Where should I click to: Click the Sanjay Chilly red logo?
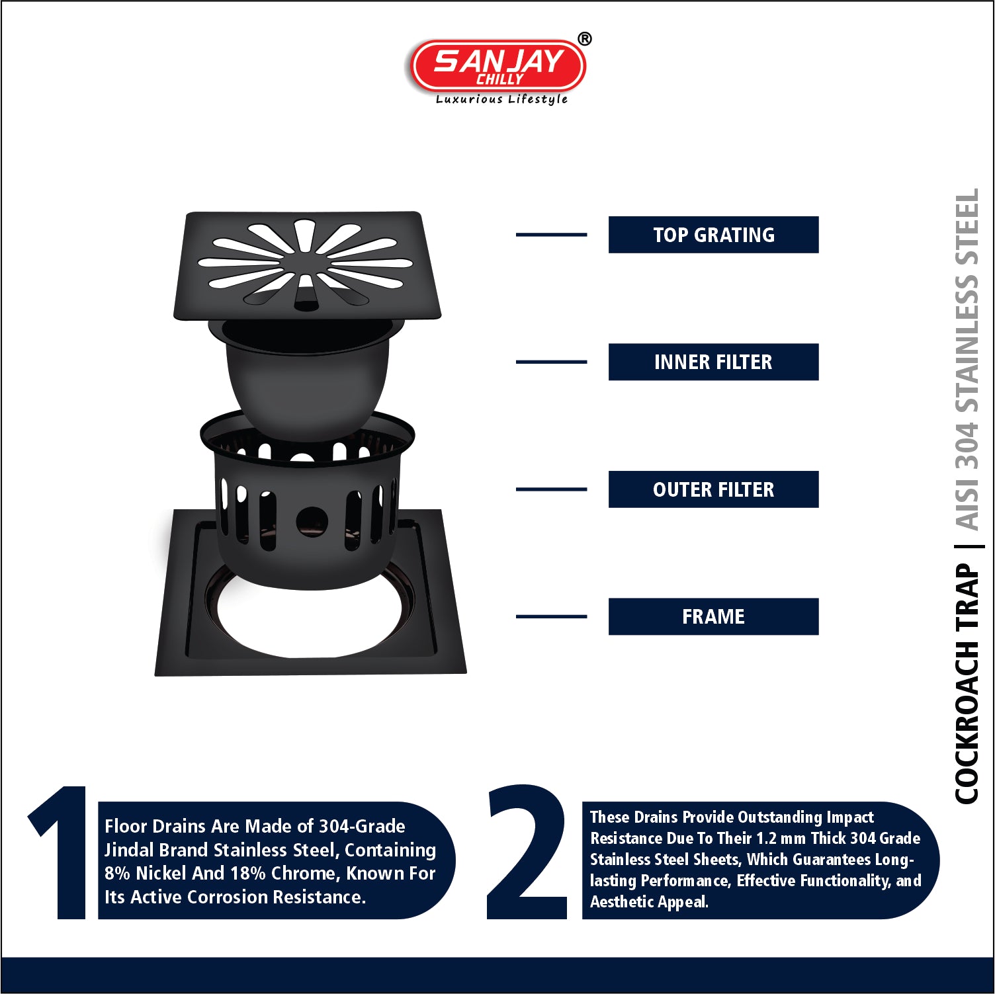[498, 65]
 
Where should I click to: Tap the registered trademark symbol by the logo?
[585, 39]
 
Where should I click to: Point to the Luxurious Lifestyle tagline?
[501, 99]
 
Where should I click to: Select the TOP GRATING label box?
[713, 235]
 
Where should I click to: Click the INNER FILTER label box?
[713, 362]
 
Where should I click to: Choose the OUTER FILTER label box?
[713, 489]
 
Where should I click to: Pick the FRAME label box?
[713, 616]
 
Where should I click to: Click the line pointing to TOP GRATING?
[551, 235]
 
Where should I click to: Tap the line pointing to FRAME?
[551, 616]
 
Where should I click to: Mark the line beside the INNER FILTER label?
[551, 362]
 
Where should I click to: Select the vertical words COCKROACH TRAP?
[967, 684]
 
